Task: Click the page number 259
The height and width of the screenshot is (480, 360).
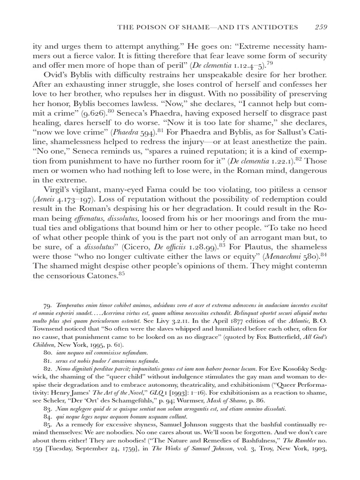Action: (321, 27)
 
